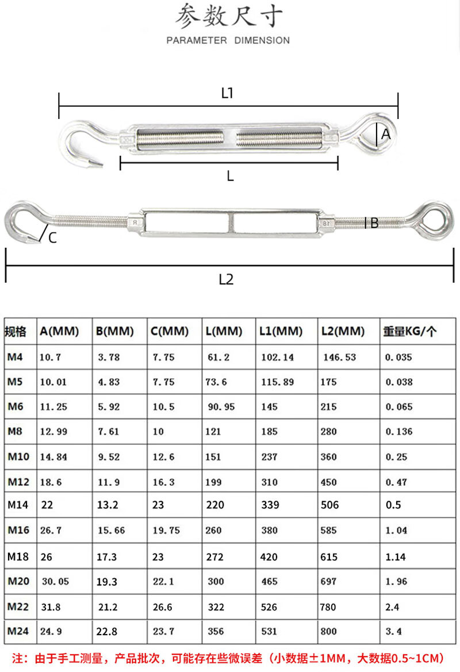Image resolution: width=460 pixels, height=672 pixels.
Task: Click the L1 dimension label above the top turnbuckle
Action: pyautogui.click(x=227, y=93)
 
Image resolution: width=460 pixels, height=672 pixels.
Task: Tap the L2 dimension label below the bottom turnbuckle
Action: pyautogui.click(x=227, y=279)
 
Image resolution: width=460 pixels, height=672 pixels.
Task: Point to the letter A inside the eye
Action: pyautogui.click(x=386, y=134)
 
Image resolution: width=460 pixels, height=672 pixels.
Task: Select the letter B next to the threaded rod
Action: pyautogui.click(x=374, y=223)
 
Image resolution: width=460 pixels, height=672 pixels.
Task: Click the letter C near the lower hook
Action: pyautogui.click(x=52, y=238)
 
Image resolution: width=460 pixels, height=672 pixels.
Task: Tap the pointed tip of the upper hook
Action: pyautogui.click(x=101, y=166)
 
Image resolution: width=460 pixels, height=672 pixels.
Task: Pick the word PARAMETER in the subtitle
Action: pyautogui.click(x=196, y=40)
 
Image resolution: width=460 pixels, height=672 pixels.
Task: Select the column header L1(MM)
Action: pyautogui.click(x=281, y=331)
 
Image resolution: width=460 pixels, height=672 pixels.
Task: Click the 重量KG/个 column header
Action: pyautogui.click(x=409, y=331)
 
